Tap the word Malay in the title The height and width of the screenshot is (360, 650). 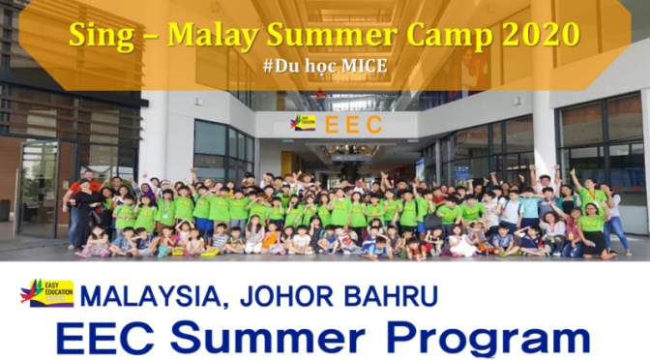coord(207,36)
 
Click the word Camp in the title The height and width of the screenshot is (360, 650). coord(440,36)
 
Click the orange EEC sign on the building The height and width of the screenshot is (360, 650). coord(353,124)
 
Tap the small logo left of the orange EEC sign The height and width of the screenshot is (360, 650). coord(303,123)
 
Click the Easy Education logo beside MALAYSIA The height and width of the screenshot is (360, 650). coord(46,292)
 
